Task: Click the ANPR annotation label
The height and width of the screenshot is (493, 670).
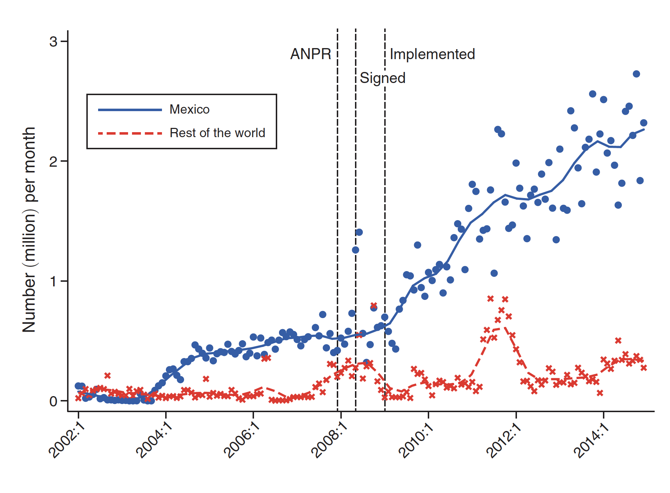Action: [310, 54]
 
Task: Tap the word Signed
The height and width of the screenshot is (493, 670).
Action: [382, 78]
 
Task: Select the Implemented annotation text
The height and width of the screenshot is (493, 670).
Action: [432, 54]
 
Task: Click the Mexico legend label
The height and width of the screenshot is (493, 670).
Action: [189, 109]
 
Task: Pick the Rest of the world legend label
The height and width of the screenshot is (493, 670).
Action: [217, 133]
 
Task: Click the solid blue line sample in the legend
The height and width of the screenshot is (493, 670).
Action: [130, 110]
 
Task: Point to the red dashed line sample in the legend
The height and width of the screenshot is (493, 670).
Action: [130, 133]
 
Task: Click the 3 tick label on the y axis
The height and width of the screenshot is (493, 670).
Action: [53, 42]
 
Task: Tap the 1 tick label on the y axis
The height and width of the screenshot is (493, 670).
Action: [53, 281]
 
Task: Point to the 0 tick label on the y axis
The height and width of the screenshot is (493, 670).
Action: [53, 401]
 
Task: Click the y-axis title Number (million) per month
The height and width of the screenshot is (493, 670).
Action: [29, 230]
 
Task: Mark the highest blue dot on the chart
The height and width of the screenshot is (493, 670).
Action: [636, 74]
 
